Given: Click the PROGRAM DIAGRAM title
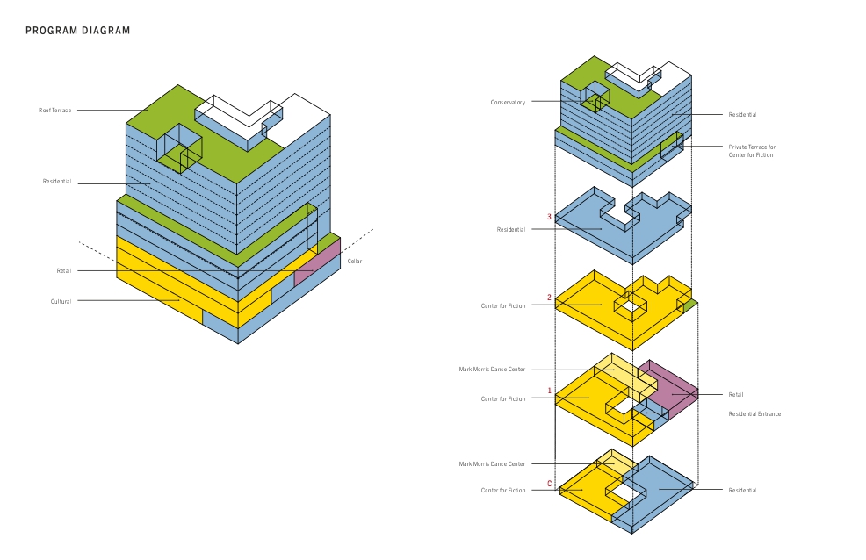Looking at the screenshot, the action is click(78, 31).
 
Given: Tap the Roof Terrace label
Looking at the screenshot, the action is click(54, 111).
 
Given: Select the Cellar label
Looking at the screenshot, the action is click(355, 261).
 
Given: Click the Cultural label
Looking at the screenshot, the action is click(61, 301).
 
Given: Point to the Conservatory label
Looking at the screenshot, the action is click(508, 102).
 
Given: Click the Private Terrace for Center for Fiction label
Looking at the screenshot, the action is click(752, 151).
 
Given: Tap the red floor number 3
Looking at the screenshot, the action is click(549, 217).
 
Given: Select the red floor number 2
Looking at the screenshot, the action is click(549, 298).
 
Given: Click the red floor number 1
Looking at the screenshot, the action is click(549, 391).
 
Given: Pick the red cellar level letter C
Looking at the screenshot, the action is click(550, 484).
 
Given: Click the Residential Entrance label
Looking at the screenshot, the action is click(754, 413).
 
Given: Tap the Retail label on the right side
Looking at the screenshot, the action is click(736, 394).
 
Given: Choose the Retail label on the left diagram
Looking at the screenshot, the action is click(63, 271).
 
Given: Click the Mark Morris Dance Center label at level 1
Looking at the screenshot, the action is click(492, 370).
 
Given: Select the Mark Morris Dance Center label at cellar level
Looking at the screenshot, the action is click(492, 464).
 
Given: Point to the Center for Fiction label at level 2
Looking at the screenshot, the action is click(503, 305).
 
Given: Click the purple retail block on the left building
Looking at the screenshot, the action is click(317, 262).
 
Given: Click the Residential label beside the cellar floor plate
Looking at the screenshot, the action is click(742, 490).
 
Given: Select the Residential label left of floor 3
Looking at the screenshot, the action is click(511, 229).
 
